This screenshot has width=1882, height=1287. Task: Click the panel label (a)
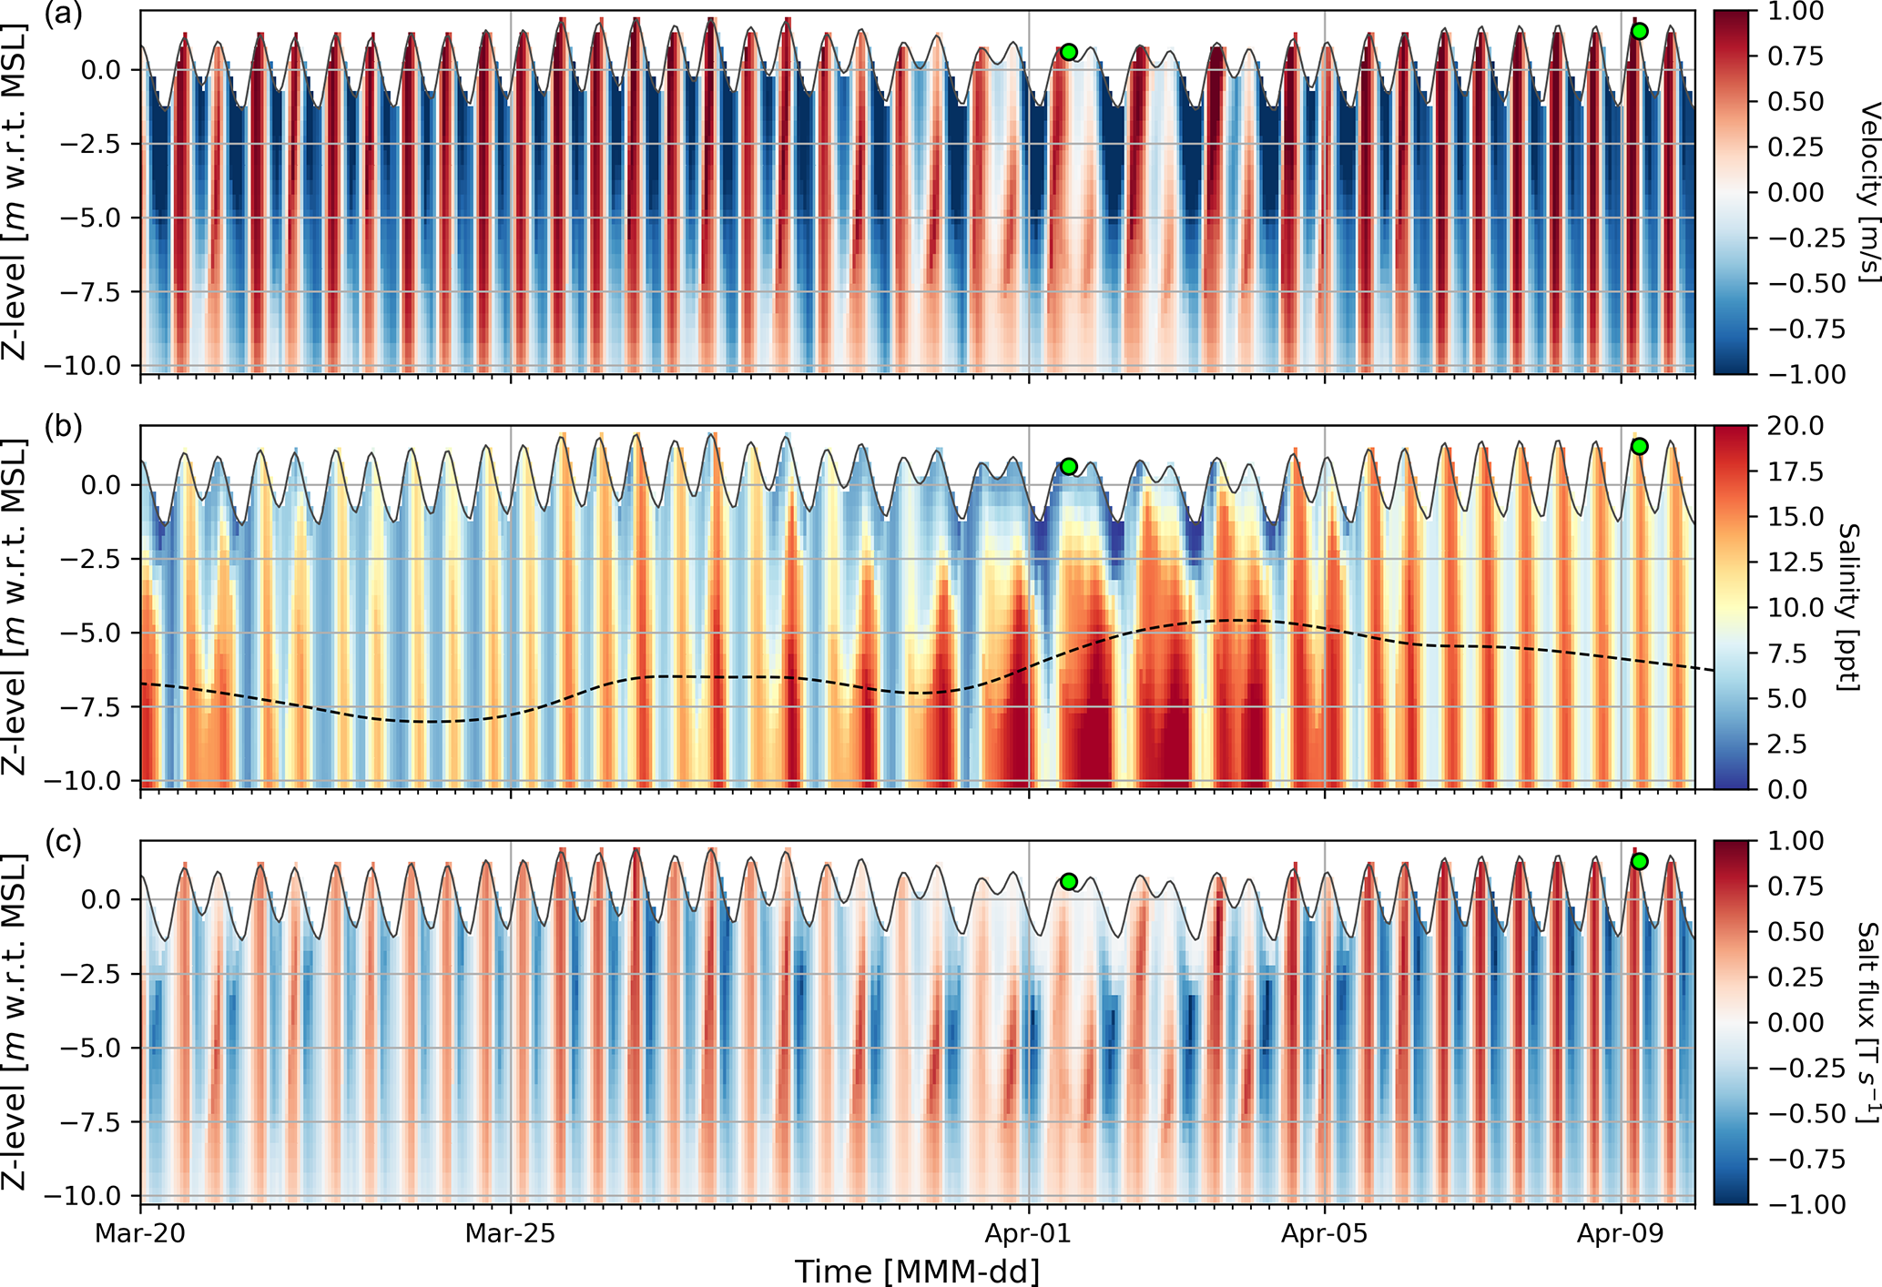click(64, 15)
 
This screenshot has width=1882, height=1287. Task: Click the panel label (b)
click(64, 428)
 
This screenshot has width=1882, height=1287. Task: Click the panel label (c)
click(64, 842)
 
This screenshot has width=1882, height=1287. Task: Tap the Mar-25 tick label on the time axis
click(510, 1234)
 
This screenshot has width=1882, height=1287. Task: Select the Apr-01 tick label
click(1029, 1234)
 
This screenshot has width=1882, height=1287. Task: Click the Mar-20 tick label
click(140, 1234)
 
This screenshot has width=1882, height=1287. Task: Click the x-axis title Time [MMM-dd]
click(917, 1271)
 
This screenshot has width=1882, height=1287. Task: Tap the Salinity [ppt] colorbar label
click(1848, 607)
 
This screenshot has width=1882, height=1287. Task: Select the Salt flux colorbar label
click(1867, 1021)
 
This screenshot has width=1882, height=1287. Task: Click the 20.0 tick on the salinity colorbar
click(1796, 426)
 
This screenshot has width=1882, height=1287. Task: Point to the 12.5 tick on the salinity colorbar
click(1796, 562)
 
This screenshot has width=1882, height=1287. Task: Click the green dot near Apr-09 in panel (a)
click(1639, 31)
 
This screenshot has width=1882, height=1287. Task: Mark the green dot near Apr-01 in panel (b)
click(1069, 467)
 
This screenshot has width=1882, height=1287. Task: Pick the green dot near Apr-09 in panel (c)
click(1639, 861)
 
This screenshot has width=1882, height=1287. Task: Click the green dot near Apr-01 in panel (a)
click(1069, 52)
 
